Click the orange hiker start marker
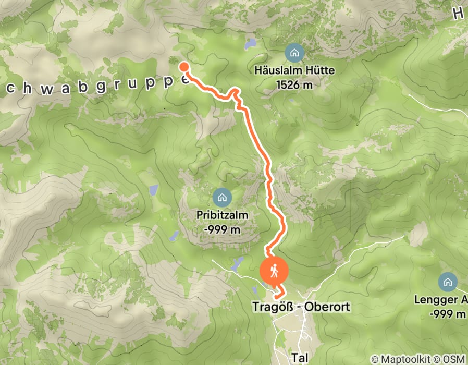click(274, 271)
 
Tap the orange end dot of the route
click(184, 66)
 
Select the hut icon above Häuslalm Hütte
click(294, 52)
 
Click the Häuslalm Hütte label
click(294, 70)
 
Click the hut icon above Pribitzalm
click(222, 197)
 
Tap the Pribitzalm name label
click(222, 214)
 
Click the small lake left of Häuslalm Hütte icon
click(251, 44)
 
